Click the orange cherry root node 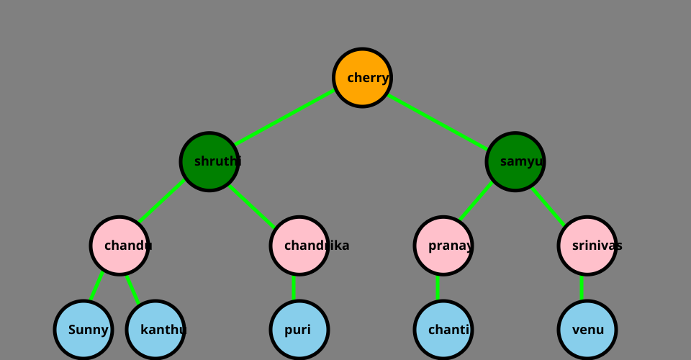[362, 78]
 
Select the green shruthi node [209, 161]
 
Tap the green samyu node [515, 161]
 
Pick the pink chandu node [119, 246]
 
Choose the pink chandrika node [299, 246]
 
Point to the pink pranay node [443, 246]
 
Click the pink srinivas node [587, 246]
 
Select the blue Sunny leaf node [83, 330]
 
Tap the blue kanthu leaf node [155, 330]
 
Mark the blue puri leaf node [299, 330]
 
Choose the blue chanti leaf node [443, 330]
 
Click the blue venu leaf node [587, 330]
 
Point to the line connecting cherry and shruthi [286, 117]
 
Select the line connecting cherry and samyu [438, 120]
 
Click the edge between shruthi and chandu [162, 202]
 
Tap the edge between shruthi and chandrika [252, 207]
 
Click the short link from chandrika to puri [294, 288]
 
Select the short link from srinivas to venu [582, 288]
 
